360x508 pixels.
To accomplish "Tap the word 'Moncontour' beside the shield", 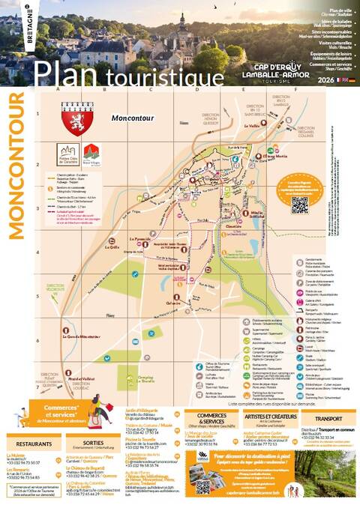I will point(132,118).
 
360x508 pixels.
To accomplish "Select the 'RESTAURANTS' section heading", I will point(34,444).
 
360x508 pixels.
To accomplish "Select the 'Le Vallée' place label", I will point(254,126).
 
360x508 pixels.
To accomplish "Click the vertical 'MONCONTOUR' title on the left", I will point(17,166).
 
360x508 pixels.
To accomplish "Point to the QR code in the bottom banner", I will point(203,486).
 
